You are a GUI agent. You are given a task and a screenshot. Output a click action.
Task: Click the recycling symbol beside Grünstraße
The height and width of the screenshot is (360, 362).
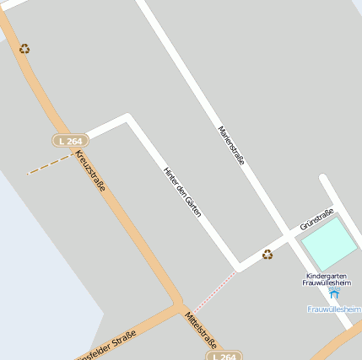(x=267, y=254)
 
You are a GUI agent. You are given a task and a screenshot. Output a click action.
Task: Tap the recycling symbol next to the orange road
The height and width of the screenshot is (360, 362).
(x=24, y=49)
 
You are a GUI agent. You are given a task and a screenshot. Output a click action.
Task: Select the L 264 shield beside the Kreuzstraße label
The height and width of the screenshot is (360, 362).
(x=70, y=140)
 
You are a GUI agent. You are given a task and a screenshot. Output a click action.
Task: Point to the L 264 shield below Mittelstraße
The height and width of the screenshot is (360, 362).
(x=224, y=356)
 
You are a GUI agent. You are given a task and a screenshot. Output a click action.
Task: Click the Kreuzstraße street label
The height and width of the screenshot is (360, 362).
(x=90, y=171)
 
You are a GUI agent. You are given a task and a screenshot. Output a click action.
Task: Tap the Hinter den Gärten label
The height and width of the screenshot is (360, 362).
(x=182, y=191)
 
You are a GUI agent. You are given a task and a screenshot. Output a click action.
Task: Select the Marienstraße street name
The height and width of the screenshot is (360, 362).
(x=231, y=145)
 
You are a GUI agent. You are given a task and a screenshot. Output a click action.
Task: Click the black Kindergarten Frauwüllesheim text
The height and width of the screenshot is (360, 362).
(x=332, y=279)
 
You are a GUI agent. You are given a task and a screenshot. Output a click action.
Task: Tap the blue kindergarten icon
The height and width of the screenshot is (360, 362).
(x=334, y=293)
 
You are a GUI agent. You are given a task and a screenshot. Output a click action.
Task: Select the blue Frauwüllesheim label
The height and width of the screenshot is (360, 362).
(x=334, y=309)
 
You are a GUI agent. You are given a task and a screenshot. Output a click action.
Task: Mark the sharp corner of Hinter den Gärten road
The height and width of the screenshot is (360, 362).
(x=128, y=117)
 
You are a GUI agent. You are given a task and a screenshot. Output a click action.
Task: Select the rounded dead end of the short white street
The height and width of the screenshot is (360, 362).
(x=324, y=180)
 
